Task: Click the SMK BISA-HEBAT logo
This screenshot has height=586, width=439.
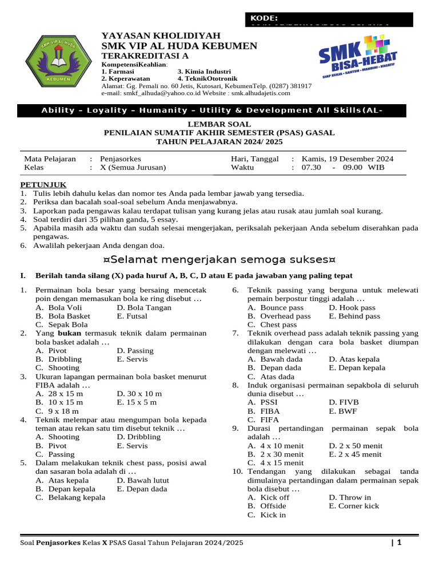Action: [x=357, y=62]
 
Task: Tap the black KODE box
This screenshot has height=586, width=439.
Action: [x=328, y=19]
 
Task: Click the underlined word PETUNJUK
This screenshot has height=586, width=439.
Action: [x=43, y=184]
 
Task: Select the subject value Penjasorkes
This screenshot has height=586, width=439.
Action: [x=120, y=159]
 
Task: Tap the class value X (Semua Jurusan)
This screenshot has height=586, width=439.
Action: [x=133, y=168]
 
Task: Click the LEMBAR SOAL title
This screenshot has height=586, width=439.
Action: [x=219, y=124]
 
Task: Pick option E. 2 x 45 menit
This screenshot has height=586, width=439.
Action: [x=355, y=454]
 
